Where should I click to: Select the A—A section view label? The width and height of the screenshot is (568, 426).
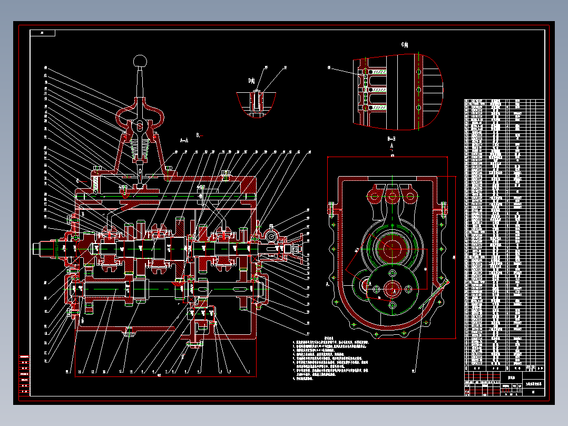pos(184,140)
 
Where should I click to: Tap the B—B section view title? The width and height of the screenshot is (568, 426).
pos(391,139)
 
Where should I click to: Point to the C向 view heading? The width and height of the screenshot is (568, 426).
pos(405,45)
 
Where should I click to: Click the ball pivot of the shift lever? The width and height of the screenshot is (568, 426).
pos(140,127)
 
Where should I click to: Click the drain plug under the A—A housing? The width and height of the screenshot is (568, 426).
pos(128,332)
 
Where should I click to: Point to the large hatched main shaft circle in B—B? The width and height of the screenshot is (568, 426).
pos(392,248)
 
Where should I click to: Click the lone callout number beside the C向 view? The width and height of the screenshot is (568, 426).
pos(329,68)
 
